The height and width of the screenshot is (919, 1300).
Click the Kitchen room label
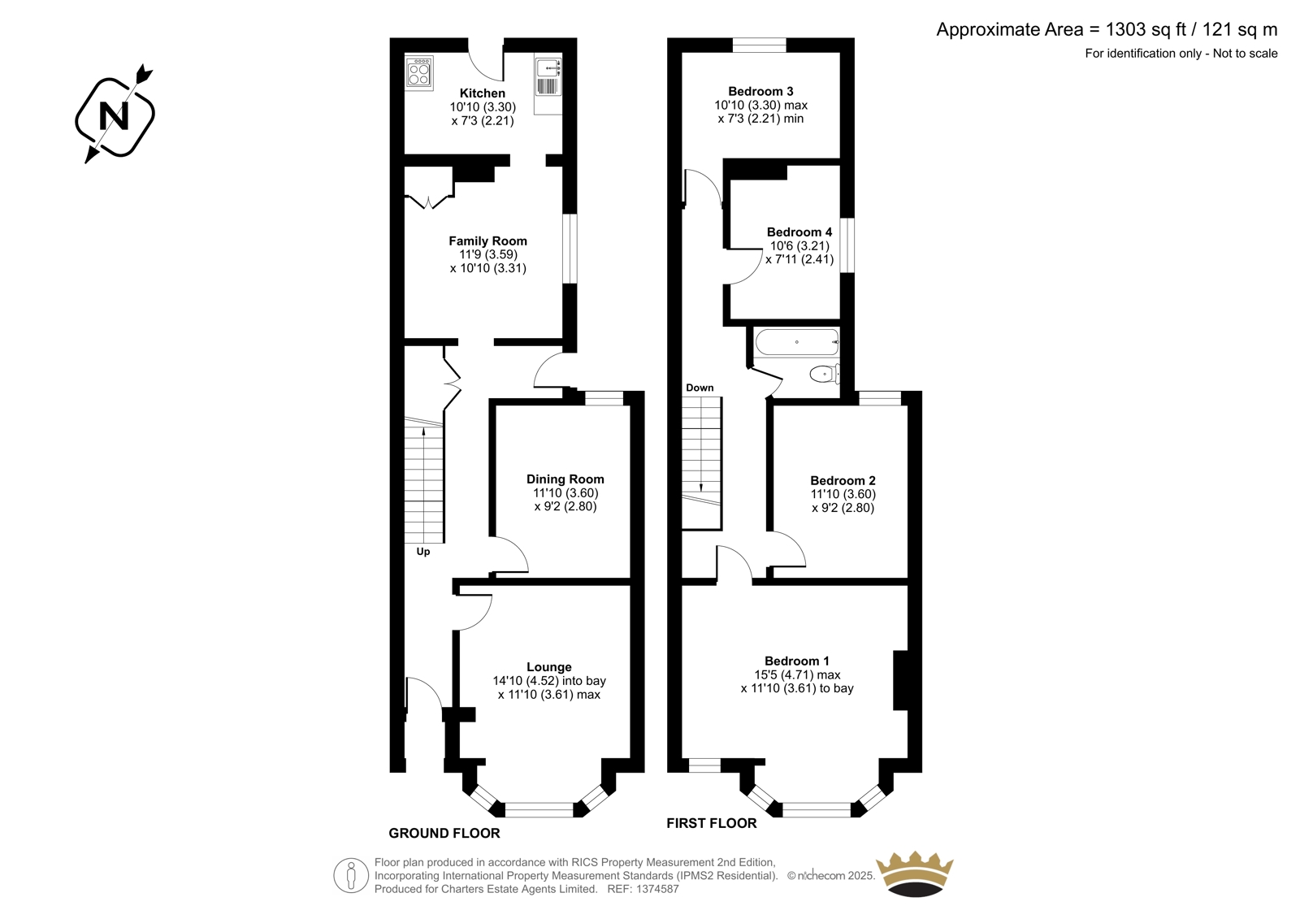483,93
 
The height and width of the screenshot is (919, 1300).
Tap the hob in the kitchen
419,73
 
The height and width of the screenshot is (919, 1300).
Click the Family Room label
487,241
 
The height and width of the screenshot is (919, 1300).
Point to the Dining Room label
565,479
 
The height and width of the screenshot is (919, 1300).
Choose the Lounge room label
549,667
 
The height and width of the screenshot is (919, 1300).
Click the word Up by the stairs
423,552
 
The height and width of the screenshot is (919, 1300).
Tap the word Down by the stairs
700,388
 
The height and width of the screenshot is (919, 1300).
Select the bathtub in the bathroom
797,342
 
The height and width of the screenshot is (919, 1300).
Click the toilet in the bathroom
825,375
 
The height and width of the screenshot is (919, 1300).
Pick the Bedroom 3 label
760,91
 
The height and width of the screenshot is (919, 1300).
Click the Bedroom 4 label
799,232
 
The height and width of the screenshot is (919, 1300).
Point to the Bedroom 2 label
843,481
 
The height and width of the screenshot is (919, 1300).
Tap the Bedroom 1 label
797,661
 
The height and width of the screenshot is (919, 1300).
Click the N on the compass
115,116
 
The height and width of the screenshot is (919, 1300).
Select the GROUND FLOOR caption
444,834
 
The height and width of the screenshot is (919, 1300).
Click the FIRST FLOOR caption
712,823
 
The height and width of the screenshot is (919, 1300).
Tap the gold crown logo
915,873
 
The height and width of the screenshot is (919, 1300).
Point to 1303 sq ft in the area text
1138,29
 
